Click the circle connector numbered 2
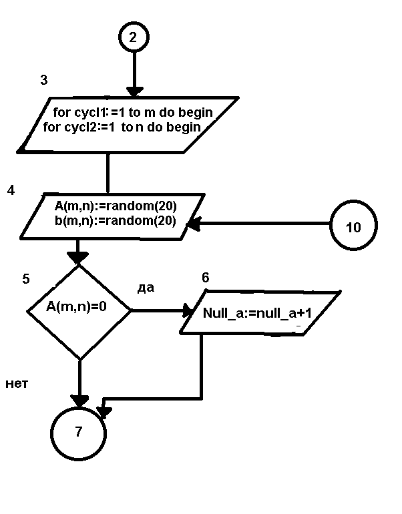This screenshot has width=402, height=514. point(133,37)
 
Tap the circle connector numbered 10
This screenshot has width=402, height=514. point(353,227)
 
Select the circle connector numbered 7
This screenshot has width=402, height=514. point(79,431)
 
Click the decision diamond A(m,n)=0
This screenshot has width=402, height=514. point(79,311)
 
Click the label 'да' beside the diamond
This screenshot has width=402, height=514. point(146,288)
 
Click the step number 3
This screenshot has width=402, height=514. point(44,80)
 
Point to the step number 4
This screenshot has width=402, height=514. point(11,191)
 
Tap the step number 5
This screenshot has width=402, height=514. point(26,279)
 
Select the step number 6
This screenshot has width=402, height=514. point(205,278)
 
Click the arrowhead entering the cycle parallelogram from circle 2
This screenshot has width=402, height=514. point(134,92)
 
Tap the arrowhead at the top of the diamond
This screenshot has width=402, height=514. point(78,257)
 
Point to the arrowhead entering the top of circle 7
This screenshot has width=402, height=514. point(79,401)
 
